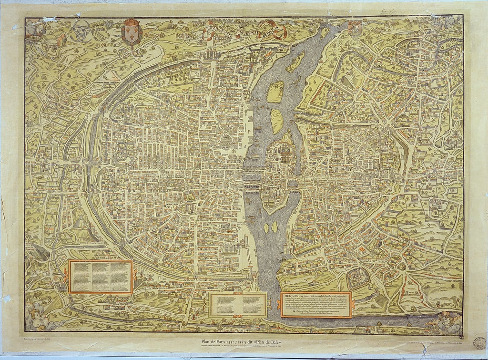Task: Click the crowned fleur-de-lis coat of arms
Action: [x=132, y=32]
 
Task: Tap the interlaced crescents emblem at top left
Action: [x=81, y=31]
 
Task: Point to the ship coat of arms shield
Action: [x=354, y=28]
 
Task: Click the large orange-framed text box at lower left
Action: [x=100, y=277]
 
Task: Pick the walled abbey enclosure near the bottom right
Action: [x=358, y=278]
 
